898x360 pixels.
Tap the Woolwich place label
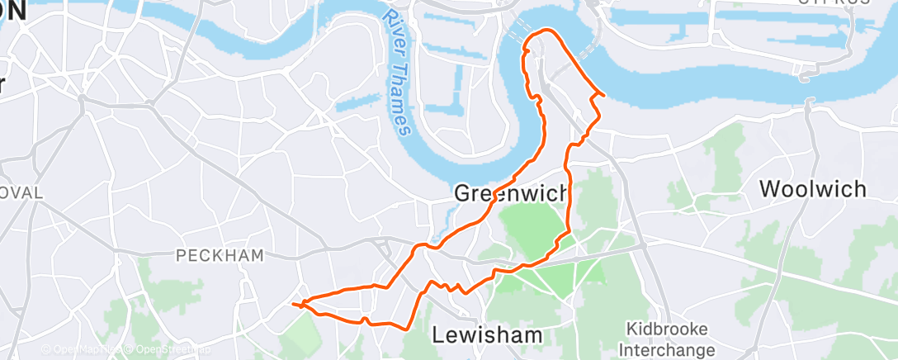[x=813, y=189]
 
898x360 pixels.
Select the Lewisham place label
[x=488, y=334]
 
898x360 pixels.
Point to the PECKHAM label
[x=220, y=256]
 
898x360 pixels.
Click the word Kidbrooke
[x=666, y=329]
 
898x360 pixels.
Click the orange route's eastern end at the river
[x=604, y=96]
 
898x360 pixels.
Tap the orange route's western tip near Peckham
[x=294, y=305]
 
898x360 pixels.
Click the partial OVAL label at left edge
[x=20, y=192]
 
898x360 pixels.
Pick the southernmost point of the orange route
[x=404, y=328]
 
